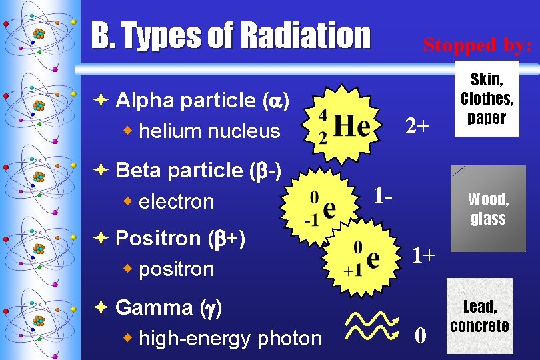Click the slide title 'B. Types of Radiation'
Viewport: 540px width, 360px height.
230,35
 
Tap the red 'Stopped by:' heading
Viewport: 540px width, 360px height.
477,45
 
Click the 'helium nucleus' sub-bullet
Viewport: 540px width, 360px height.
209,131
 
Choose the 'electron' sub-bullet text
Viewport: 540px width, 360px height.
176,202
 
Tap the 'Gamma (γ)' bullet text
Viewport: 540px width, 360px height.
169,307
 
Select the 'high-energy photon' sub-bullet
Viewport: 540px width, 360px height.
230,339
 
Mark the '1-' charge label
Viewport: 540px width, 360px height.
383,196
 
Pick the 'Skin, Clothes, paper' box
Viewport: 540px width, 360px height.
487,99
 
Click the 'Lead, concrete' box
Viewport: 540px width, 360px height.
479,316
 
